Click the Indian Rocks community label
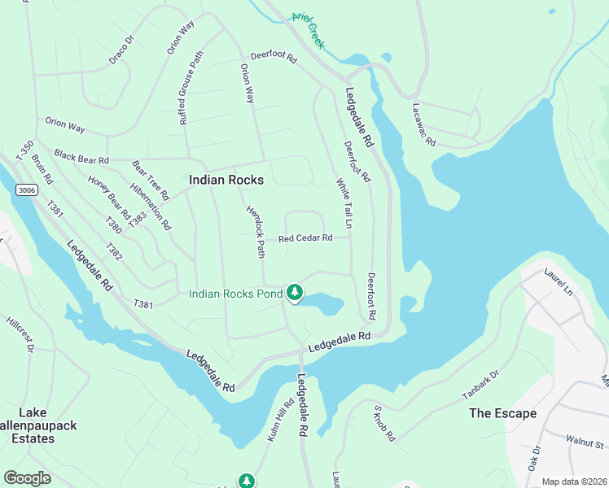coord(221,181)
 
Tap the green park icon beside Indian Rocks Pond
coord(294,293)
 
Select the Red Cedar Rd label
coord(305,238)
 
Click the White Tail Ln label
coord(344,203)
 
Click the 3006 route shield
coord(26,190)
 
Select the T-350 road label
coord(24,149)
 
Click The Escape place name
coord(502,413)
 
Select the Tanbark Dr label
coord(480,386)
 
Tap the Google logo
coord(27,477)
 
